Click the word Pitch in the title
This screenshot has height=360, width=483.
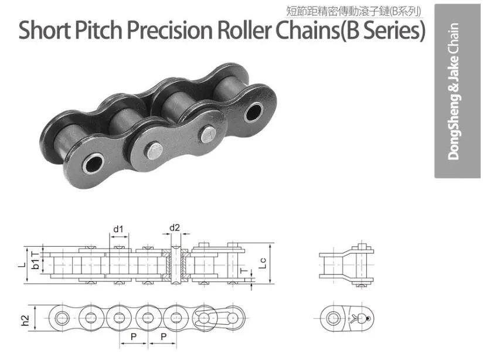tap(98, 30)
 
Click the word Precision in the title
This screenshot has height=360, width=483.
tap(170, 30)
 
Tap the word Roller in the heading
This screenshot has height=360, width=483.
tap(245, 30)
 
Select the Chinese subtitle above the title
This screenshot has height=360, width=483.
tap(353, 11)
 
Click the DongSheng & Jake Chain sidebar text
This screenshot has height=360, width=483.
tap(454, 91)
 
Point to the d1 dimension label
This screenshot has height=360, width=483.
tap(118, 229)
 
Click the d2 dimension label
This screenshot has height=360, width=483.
tap(174, 227)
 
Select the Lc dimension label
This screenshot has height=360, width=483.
tap(262, 263)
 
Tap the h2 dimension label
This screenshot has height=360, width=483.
tap(25, 321)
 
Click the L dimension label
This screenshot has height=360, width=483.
tap(22, 264)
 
